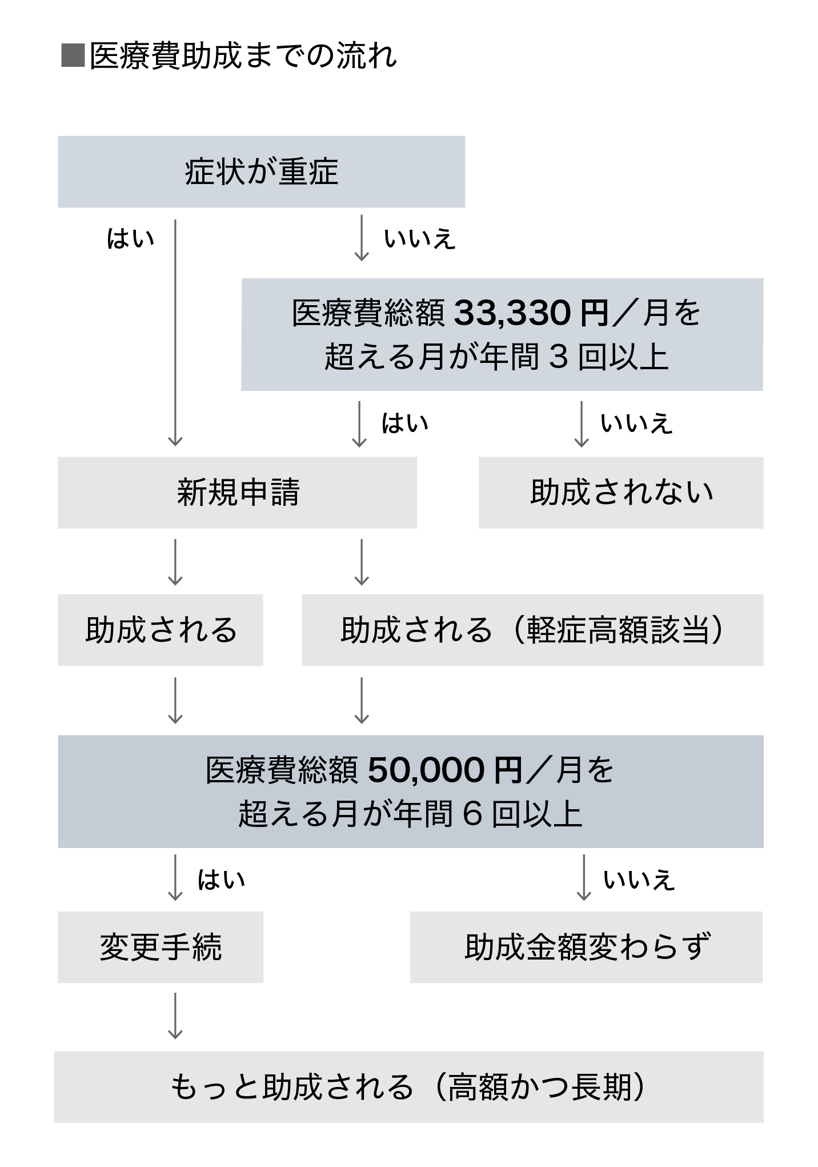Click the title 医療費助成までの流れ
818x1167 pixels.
tap(243, 57)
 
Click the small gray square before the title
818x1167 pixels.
tap(73, 56)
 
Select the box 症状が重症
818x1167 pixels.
tap(261, 171)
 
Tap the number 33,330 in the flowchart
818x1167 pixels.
tap(512, 313)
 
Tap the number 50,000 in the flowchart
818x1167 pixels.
tap(426, 770)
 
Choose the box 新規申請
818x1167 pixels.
tap(237, 493)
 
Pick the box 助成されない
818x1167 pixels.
tap(621, 493)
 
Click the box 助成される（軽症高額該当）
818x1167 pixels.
tap(532, 630)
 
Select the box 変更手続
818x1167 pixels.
tap(161, 947)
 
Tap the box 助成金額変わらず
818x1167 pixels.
tap(587, 947)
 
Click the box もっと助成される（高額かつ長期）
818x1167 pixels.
tap(408, 1087)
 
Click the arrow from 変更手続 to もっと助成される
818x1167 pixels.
tap(175, 1016)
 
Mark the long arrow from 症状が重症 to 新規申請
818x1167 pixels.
tap(175, 331)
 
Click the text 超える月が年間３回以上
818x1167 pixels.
tap(496, 357)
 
